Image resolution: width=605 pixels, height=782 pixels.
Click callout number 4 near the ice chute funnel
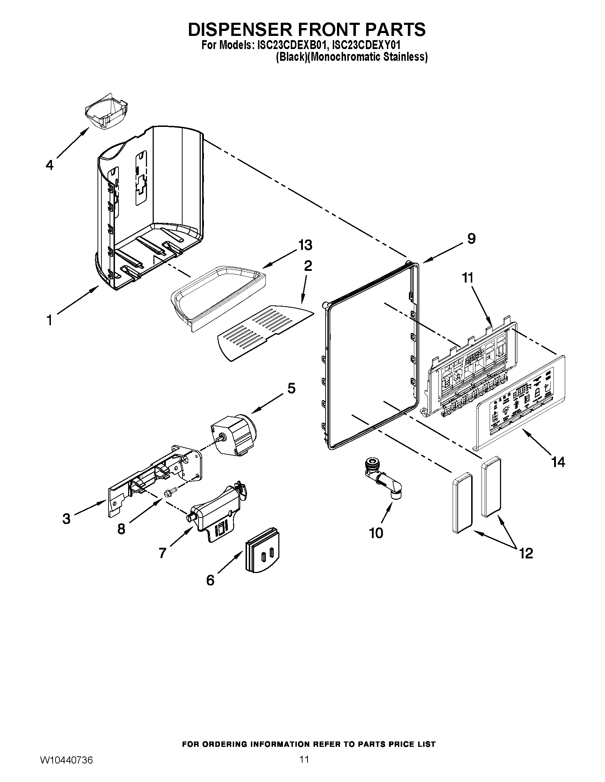tap(49, 165)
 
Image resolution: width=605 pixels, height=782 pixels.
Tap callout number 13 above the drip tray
tap(305, 245)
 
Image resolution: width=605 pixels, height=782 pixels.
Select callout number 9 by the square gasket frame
tap(471, 239)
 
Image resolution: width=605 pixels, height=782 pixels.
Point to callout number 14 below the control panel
tap(558, 462)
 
